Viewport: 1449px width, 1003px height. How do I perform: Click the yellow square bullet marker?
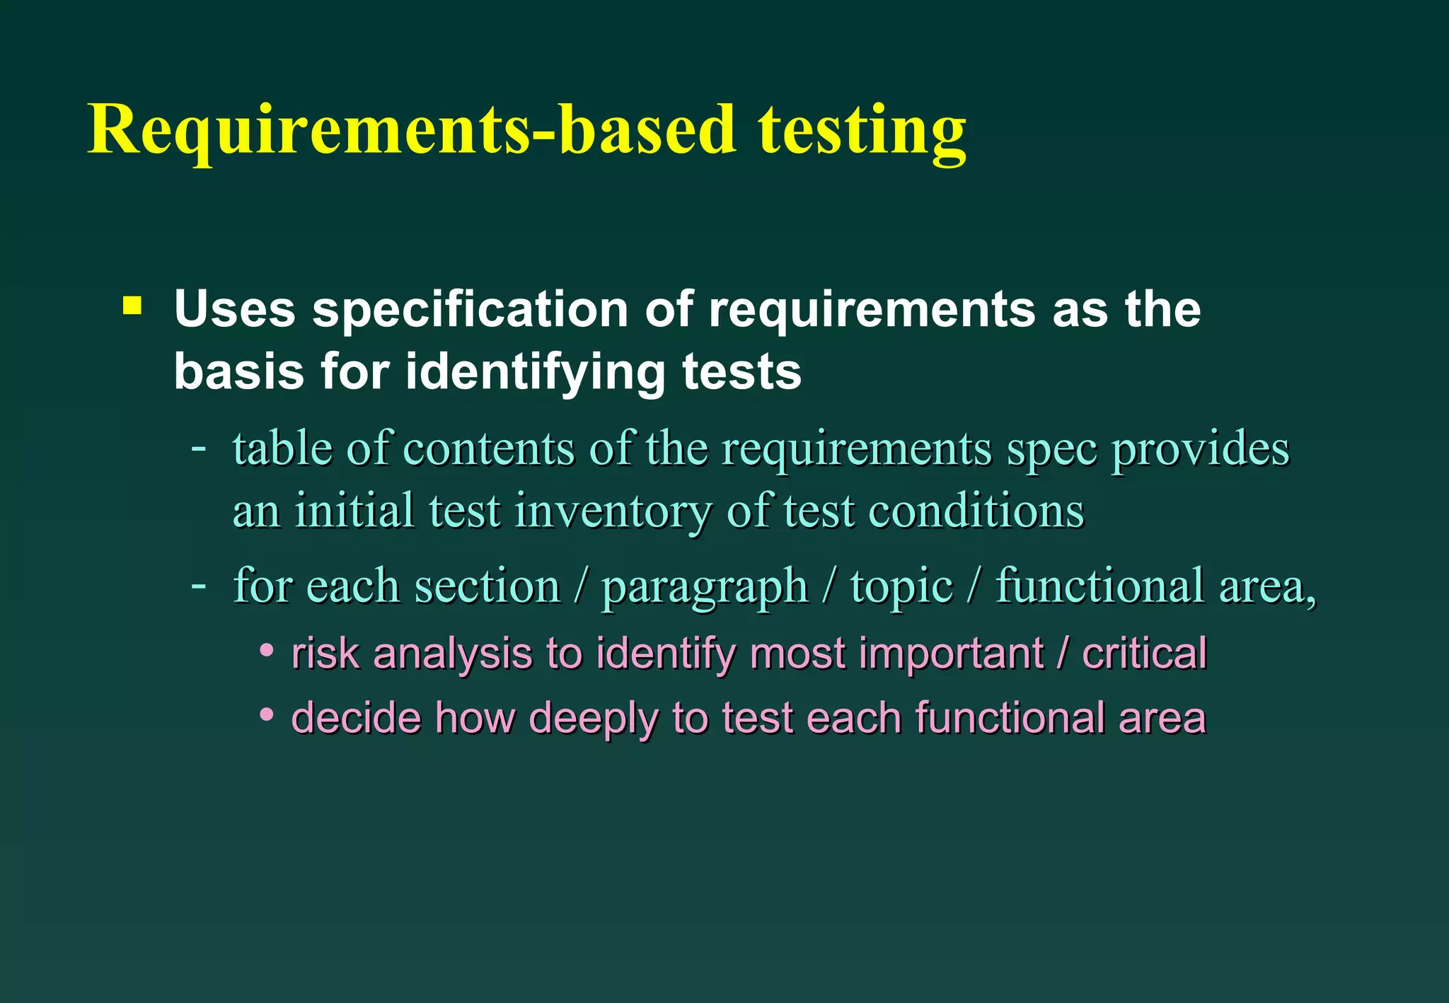[132, 306]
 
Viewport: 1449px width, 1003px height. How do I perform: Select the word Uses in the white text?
[234, 309]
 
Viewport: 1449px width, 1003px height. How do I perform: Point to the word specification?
[471, 309]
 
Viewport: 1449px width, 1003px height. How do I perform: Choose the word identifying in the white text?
[535, 371]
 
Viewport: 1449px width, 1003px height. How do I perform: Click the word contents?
[488, 448]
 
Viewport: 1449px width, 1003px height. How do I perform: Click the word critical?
[1144, 652]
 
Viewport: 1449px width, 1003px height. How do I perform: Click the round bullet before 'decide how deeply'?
[266, 715]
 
